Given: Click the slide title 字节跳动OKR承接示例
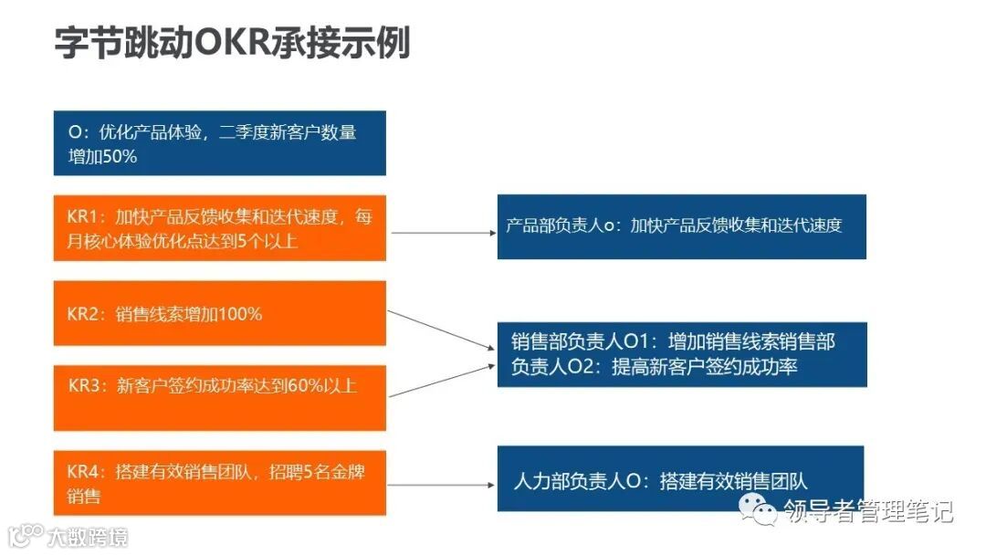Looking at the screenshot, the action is (x=232, y=43).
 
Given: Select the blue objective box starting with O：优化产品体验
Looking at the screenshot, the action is (x=219, y=142).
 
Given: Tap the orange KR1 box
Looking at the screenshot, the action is (x=219, y=228).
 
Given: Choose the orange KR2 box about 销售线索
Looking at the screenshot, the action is (x=219, y=313).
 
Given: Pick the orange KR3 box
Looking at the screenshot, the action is (x=219, y=398).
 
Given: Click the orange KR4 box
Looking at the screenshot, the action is (x=219, y=483).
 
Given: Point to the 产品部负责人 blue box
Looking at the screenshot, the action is (x=681, y=226).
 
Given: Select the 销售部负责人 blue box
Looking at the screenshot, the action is (x=681, y=354).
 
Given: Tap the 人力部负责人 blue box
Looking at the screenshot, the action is (x=680, y=478).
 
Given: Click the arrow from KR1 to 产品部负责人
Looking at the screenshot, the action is (x=442, y=233).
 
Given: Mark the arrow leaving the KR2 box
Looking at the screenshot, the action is (x=438, y=330).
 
